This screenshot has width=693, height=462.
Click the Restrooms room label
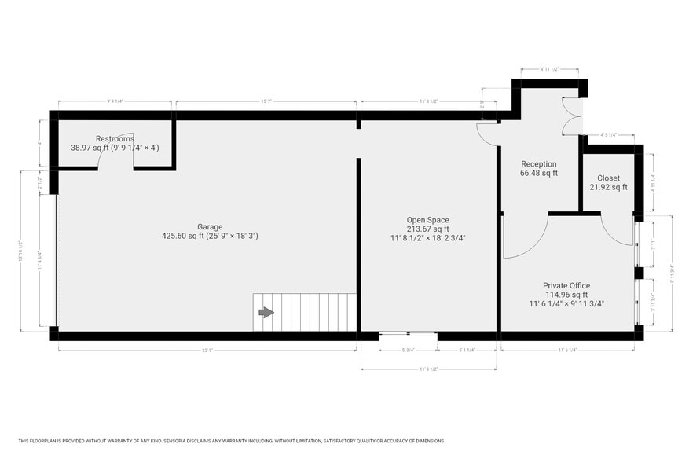click(115, 138)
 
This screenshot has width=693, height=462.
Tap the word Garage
click(210, 226)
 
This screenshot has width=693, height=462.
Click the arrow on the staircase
click(266, 312)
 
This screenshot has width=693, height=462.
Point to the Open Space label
click(428, 220)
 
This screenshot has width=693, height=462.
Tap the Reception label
click(538, 164)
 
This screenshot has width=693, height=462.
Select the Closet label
click(608, 178)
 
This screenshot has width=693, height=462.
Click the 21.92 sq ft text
click(608, 187)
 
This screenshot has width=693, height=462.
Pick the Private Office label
click(566, 286)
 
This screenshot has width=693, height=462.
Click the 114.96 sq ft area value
click(566, 295)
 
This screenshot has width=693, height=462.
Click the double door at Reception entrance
click(570, 115)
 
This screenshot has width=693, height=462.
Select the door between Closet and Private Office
click(616, 230)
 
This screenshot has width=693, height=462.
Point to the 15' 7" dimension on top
click(266, 101)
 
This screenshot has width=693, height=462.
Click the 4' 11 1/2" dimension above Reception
click(550, 69)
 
